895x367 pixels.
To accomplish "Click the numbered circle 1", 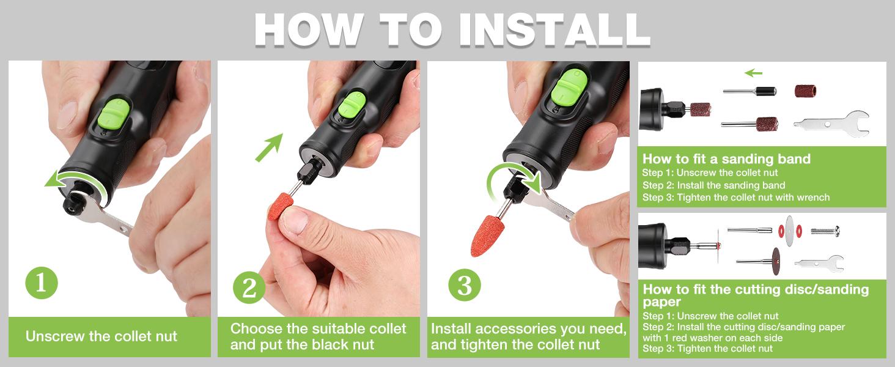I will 42,283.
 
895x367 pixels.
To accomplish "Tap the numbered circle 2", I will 249,287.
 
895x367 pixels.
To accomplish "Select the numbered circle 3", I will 465,285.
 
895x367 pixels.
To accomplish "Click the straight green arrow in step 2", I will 268,147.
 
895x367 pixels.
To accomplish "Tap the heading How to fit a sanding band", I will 726,159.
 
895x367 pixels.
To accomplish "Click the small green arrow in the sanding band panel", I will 753,73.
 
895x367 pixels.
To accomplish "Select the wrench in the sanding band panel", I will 831,122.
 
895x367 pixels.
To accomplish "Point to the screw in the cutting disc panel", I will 825,231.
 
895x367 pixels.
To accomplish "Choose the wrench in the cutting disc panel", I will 819,264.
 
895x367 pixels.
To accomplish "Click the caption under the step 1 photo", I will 101,336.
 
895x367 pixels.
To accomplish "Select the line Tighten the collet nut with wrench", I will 736,197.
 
